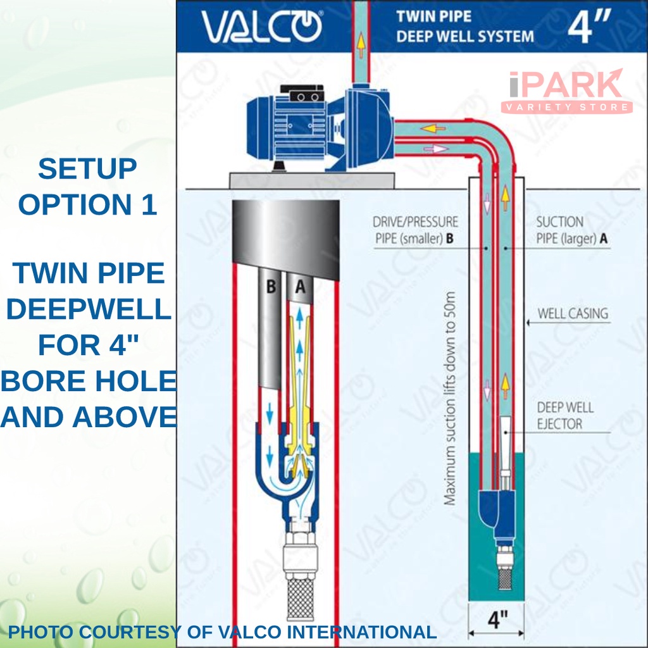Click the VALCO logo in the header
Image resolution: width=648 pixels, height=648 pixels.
tap(261, 27)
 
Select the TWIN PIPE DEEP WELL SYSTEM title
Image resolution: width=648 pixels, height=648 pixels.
tap(464, 27)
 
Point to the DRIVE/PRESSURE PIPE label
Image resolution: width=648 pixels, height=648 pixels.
tap(415, 230)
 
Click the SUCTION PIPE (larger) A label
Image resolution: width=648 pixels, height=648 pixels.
tap(568, 230)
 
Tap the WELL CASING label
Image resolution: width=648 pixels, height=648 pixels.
tap(572, 313)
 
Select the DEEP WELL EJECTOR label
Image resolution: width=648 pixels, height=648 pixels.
tap(565, 415)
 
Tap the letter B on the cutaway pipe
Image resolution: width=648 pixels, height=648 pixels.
tap(271, 287)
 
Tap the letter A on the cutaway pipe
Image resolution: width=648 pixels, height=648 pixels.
tap(301, 287)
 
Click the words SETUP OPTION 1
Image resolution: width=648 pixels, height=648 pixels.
tap(87, 187)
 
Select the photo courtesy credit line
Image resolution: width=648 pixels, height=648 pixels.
tap(221, 632)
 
